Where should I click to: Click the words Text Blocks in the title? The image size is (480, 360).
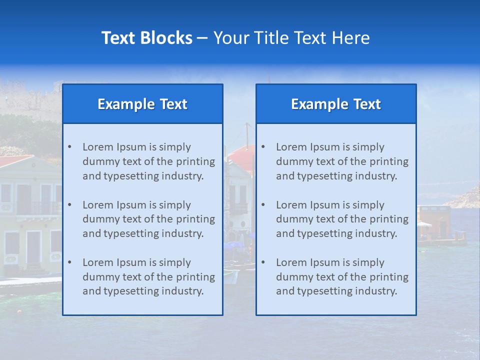[x=146, y=38]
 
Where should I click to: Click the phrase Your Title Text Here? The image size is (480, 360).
[x=291, y=38]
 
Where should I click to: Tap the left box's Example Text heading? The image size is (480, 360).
[x=142, y=104]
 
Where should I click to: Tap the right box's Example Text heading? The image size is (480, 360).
[x=336, y=104]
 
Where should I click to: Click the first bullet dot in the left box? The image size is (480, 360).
[x=69, y=147]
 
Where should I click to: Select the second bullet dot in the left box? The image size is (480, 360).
[x=69, y=205]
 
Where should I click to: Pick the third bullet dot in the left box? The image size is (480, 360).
[x=69, y=262]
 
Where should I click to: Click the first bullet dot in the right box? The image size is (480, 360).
[x=263, y=147]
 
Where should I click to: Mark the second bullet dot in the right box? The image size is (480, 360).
[x=263, y=205]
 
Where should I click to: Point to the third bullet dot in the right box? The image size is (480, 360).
[x=263, y=262]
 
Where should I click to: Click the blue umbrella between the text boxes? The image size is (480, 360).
[x=235, y=245]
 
